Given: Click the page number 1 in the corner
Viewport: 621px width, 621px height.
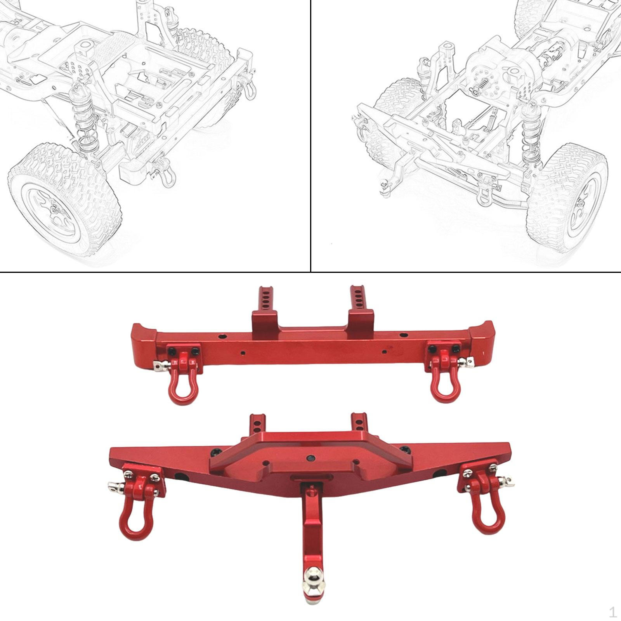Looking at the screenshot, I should [612, 612].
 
